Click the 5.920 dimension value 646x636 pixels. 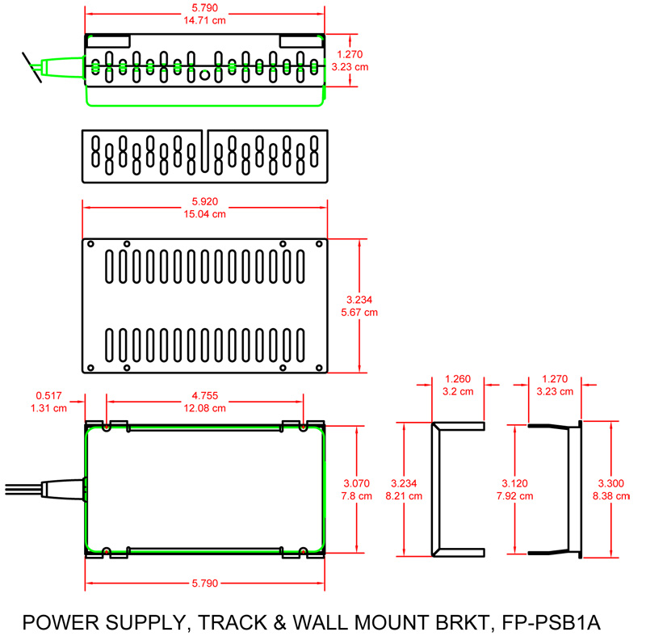pyautogui.click(x=204, y=201)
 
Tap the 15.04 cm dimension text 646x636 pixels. pyautogui.click(x=204, y=214)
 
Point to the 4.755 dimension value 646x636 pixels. pyautogui.click(x=204, y=395)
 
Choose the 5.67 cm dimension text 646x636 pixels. pyautogui.click(x=359, y=311)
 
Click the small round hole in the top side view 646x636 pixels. pyautogui.click(x=204, y=74)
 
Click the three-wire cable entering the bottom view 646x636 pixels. pyautogui.click(x=19, y=490)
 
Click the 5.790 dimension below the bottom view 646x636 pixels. pyautogui.click(x=204, y=582)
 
